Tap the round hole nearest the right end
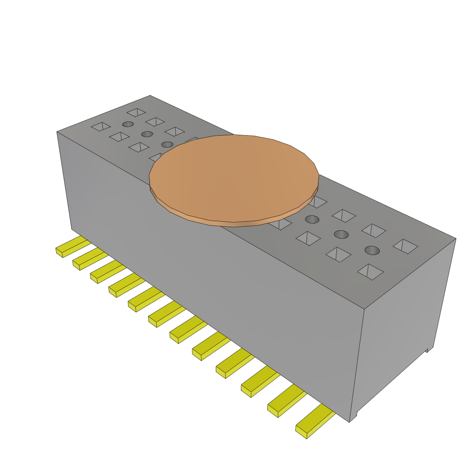[372, 250]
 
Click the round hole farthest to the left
[128, 124]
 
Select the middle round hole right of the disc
[341, 234]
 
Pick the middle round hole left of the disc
[147, 134]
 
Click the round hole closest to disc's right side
[312, 219]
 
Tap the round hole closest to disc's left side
[167, 144]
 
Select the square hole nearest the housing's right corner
[405, 246]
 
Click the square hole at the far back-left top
[136, 112]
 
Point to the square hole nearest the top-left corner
[101, 126]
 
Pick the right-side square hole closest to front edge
[370, 271]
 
